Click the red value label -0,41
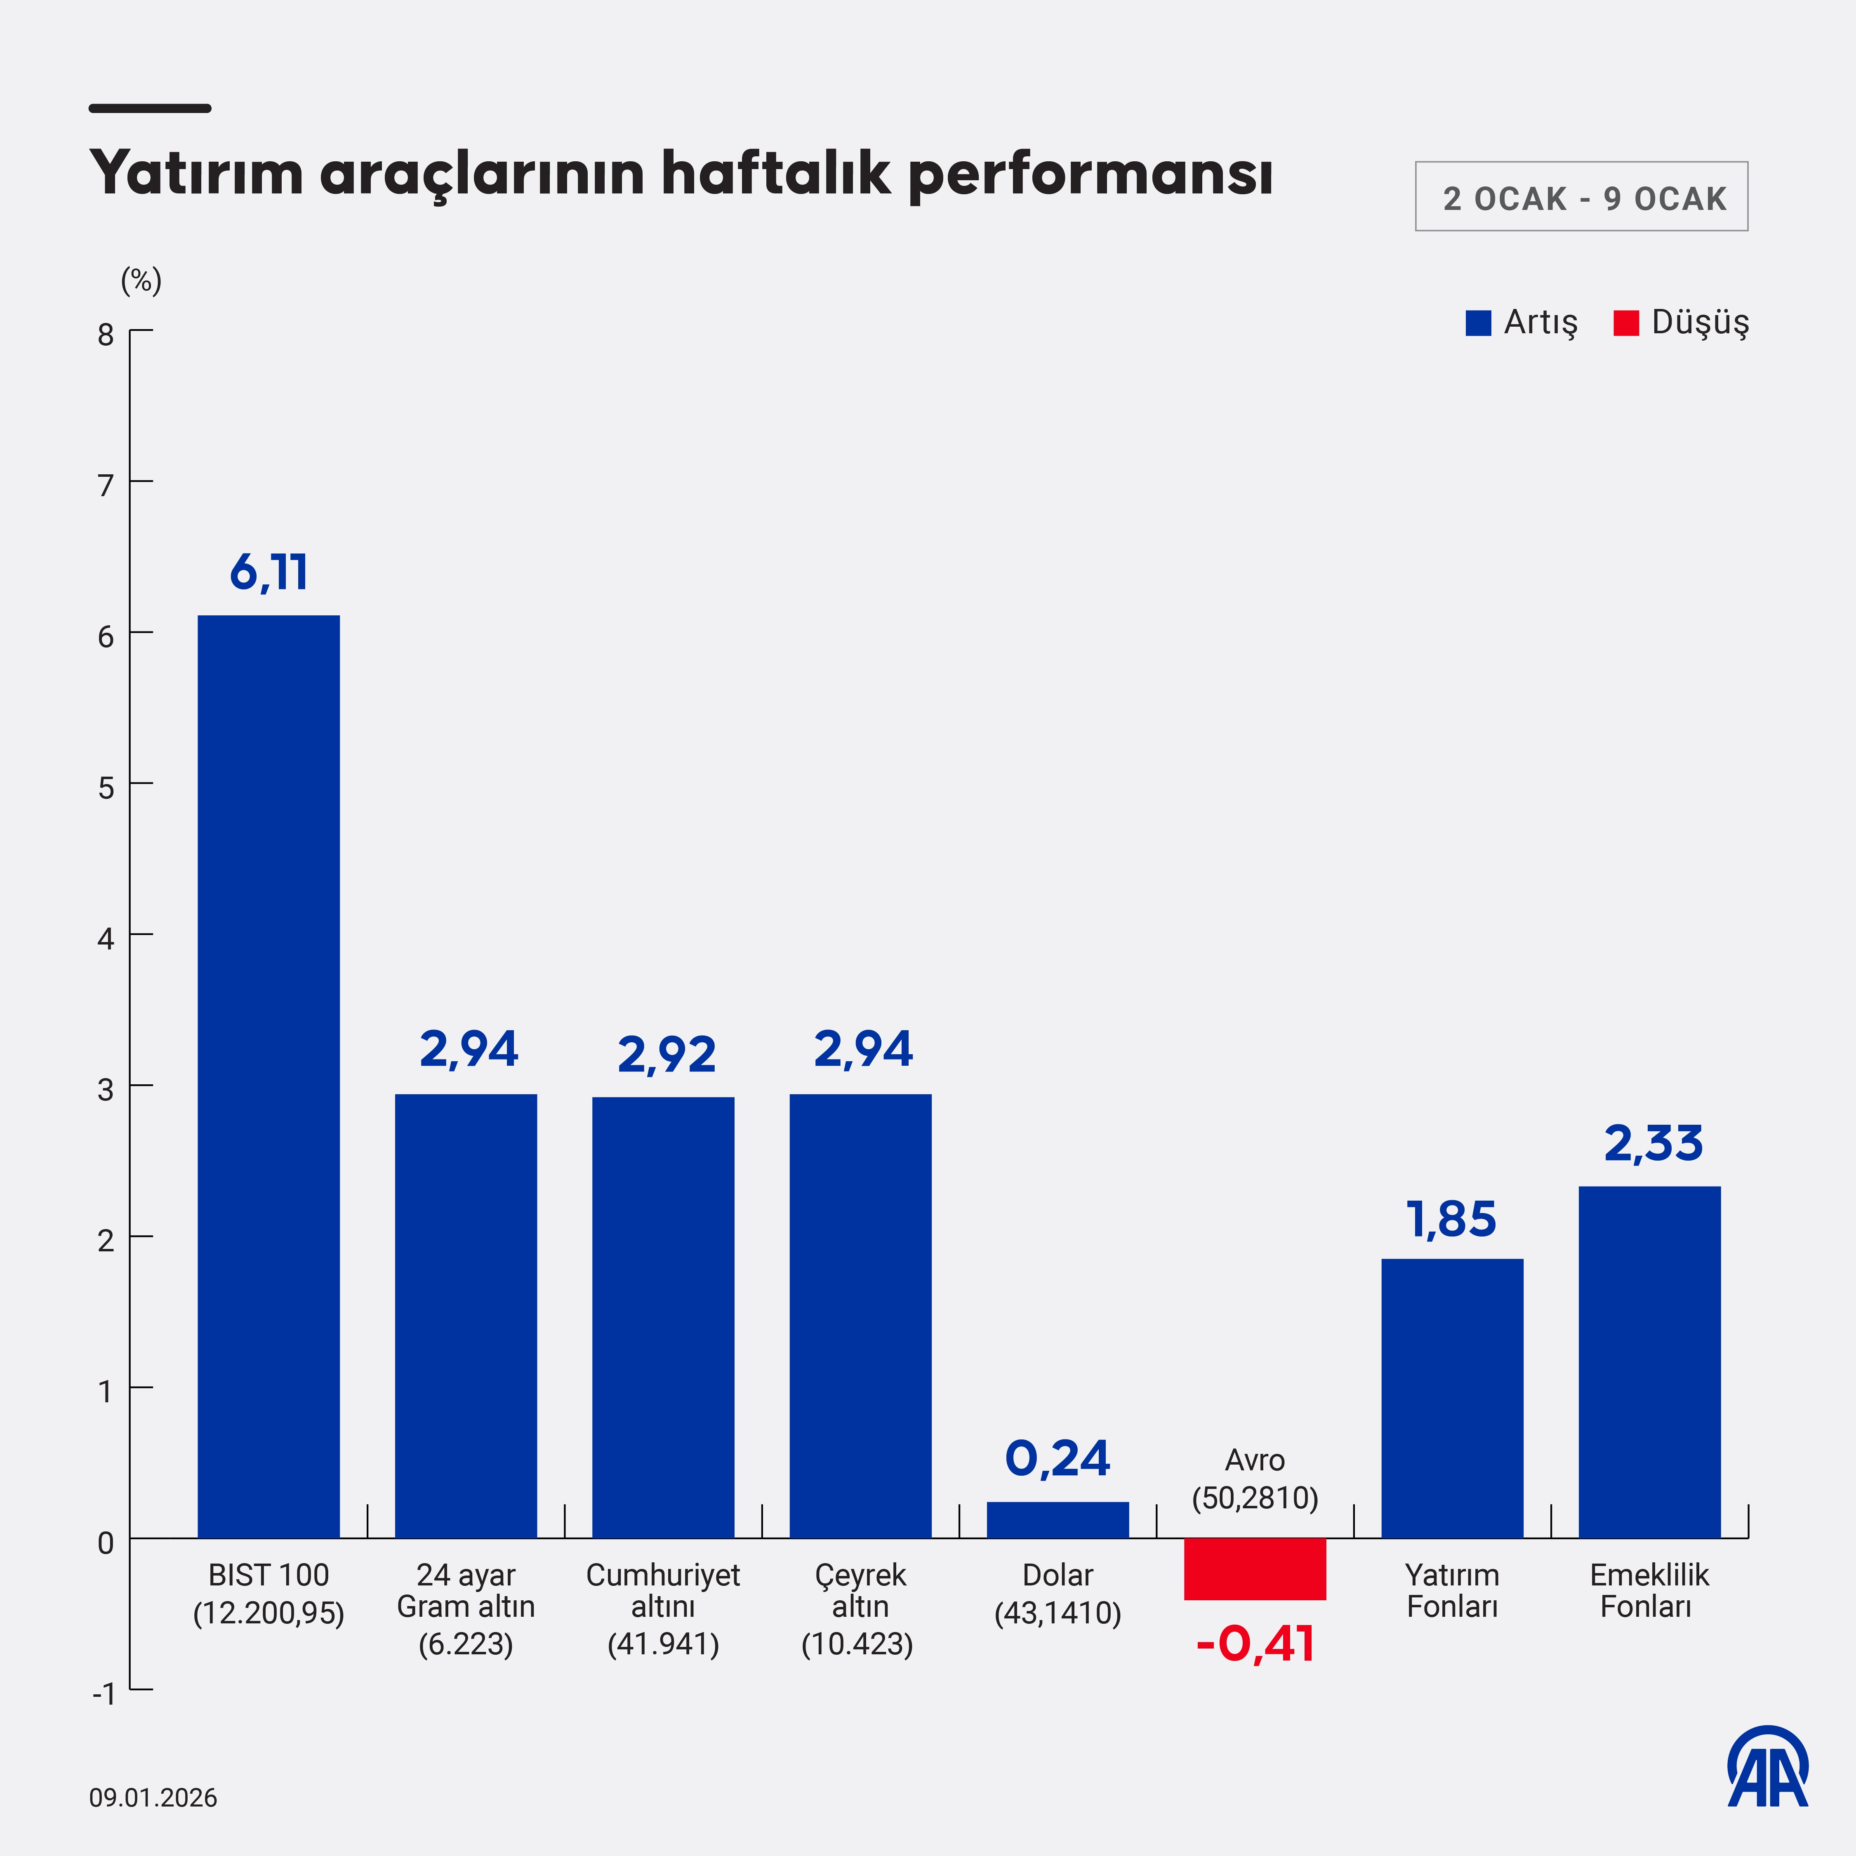[x=1255, y=1644]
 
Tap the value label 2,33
[x=1652, y=1143]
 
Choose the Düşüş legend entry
[x=1681, y=323]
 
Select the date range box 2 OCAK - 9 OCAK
[x=1581, y=197]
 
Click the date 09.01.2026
[x=154, y=1797]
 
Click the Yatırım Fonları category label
[x=1451, y=1591]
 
